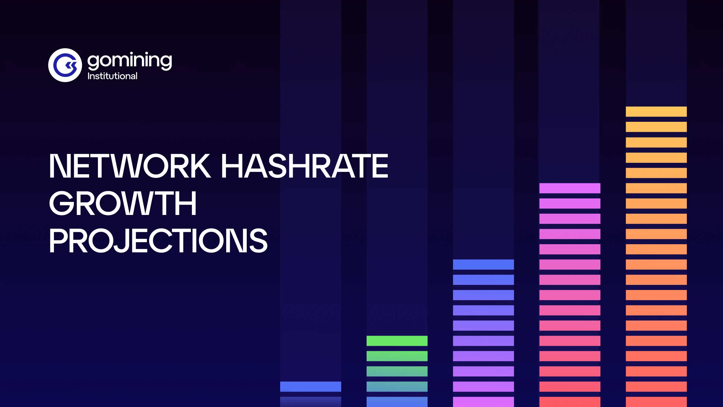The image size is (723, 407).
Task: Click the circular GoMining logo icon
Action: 65,65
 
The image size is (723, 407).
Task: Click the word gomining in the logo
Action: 130,61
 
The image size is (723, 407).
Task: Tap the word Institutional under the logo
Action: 112,76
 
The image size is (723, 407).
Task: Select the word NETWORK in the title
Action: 130,166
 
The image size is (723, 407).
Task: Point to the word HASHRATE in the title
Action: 305,166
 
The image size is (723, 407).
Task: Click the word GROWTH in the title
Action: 123,203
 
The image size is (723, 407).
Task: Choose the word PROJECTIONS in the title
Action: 158,241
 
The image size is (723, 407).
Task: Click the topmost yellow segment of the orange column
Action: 656,112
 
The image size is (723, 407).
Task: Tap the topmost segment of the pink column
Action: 570,188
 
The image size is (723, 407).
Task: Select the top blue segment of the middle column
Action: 483,264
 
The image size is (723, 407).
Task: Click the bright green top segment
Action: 397,341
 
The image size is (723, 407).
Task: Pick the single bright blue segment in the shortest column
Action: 310,386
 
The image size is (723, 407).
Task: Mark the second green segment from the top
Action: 397,356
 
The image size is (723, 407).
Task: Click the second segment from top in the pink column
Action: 570,203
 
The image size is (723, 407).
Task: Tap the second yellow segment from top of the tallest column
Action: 656,127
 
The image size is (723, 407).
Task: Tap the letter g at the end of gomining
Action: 165,62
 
